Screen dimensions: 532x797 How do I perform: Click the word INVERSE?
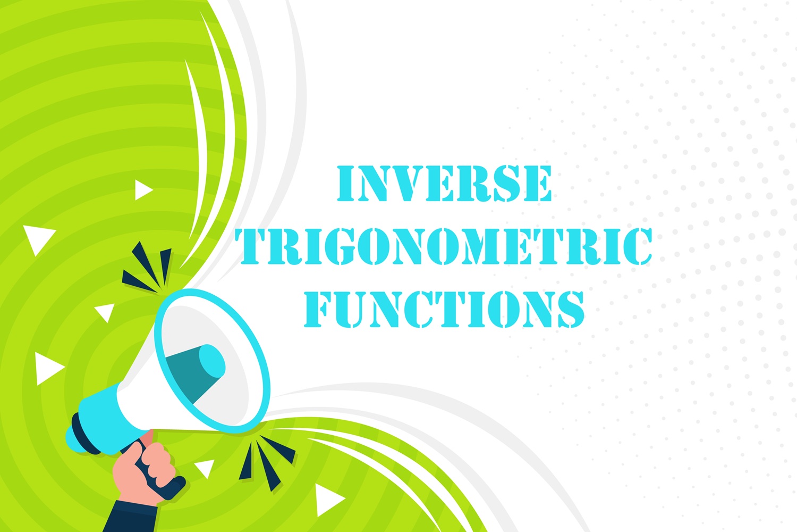point(444,184)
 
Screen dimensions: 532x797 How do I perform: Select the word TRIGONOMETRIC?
point(444,246)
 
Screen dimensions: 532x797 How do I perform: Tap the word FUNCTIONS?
point(444,309)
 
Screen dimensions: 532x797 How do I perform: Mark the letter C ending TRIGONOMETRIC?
point(636,246)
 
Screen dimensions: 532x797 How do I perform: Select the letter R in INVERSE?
point(481,184)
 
